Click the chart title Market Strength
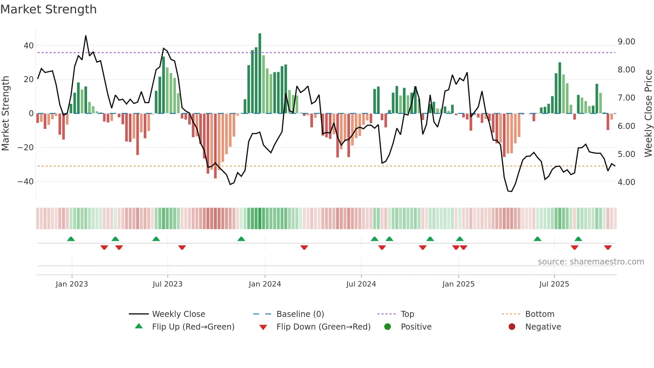(48, 9)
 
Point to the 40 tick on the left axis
(29, 45)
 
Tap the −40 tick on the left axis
(26, 182)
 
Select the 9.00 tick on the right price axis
(626, 42)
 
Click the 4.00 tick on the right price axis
(626, 182)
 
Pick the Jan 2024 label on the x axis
(265, 284)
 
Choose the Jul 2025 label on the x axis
(554, 284)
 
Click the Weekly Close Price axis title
(648, 113)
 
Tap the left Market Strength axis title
(5, 113)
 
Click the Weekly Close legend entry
(178, 314)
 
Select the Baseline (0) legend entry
(300, 314)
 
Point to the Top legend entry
(407, 314)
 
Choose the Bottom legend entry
(540, 314)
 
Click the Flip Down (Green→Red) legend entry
(323, 327)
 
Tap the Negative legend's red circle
(512, 327)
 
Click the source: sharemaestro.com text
(591, 262)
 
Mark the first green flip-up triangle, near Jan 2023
(71, 239)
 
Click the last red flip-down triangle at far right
(608, 247)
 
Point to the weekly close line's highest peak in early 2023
(86, 36)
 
